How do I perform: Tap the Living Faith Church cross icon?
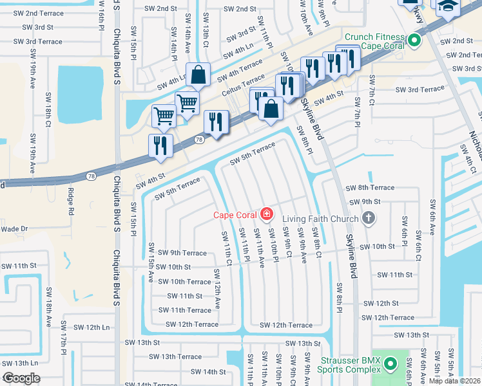coord(369,219)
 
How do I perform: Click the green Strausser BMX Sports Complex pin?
coord(389,365)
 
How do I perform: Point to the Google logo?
coord(21,378)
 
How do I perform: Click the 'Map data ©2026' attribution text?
coord(454,381)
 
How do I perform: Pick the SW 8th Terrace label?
coord(370,187)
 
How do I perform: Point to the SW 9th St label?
coord(366,202)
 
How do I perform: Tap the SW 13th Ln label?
coord(20,363)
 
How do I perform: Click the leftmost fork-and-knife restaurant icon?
coord(160,145)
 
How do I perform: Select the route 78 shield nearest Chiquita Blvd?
coord(90,176)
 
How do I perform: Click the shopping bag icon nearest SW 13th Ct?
coord(198,75)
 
